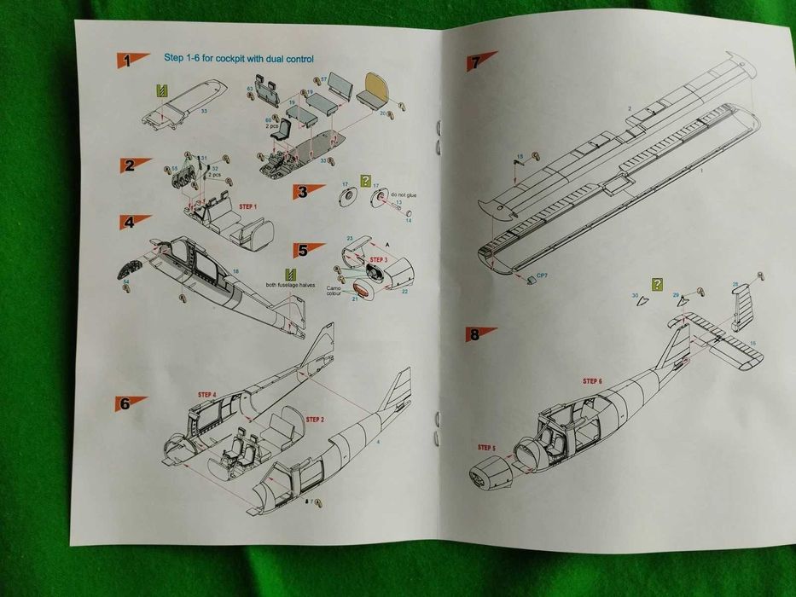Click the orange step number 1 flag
click(x=131, y=61)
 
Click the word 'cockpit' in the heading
click(x=233, y=59)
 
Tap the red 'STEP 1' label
click(x=247, y=206)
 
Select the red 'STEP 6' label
click(x=592, y=380)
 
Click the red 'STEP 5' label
click(x=487, y=447)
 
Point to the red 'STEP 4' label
click(x=207, y=395)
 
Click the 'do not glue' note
click(x=404, y=195)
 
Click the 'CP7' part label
click(x=542, y=276)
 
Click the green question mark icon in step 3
click(x=366, y=181)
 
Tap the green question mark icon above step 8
click(x=656, y=284)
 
